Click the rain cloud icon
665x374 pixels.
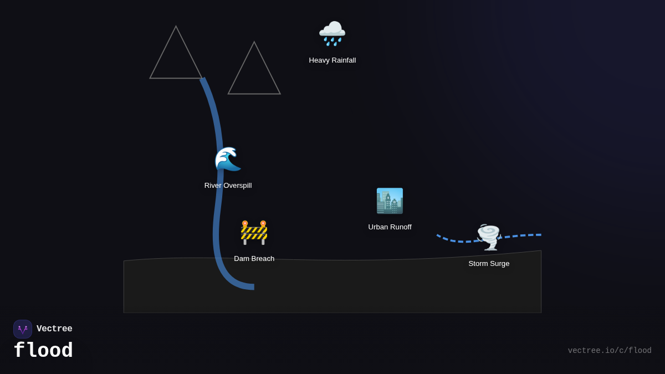point(332,33)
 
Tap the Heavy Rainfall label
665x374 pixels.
point(332,60)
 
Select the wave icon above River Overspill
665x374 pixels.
point(228,160)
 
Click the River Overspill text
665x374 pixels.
point(228,185)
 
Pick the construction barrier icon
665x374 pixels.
point(254,232)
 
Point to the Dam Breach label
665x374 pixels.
point(254,258)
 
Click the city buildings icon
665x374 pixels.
point(390,201)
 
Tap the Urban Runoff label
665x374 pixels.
point(390,227)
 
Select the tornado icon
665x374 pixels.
point(489,237)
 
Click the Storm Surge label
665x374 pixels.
point(489,263)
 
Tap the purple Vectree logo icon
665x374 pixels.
point(23,329)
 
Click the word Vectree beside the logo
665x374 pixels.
point(54,329)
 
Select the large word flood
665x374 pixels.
point(43,350)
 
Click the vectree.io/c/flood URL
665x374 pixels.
point(610,351)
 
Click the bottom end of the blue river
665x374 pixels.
point(252,286)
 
